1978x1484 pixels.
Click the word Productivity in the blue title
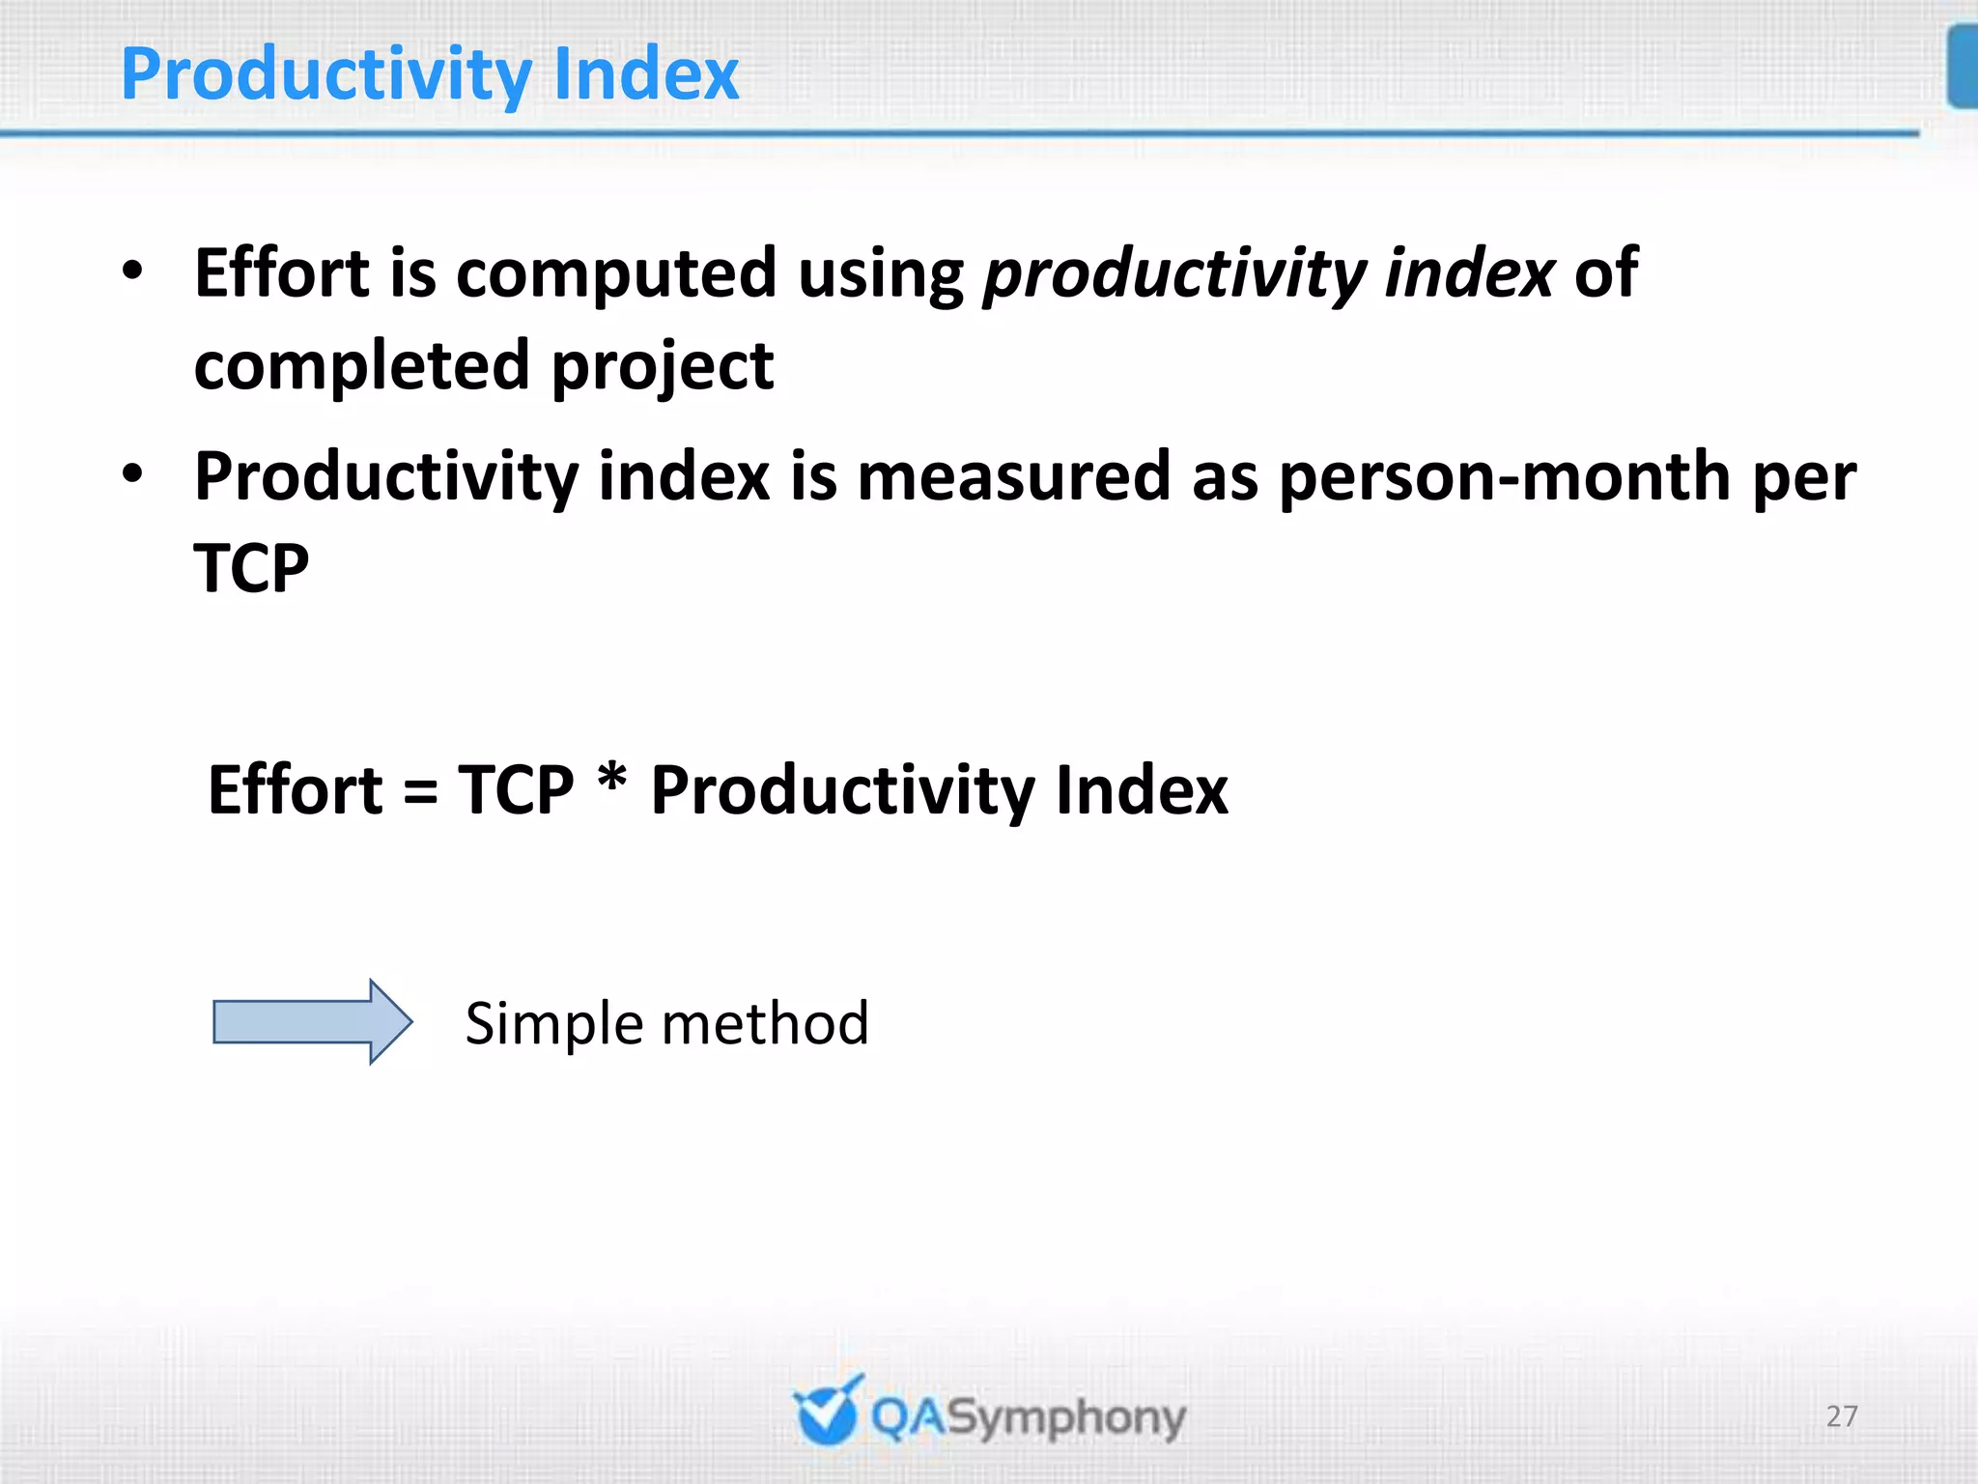tap(326, 75)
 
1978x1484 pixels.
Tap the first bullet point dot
tap(133, 271)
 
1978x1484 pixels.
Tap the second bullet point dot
tap(133, 473)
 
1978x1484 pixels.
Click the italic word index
tap(1469, 273)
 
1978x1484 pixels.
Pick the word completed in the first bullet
tap(362, 367)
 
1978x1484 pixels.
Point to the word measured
tap(1013, 476)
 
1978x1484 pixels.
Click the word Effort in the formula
tap(296, 790)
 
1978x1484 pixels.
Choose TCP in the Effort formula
tap(516, 790)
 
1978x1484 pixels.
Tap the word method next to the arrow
tap(764, 1023)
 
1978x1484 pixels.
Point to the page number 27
tap(1842, 1416)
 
